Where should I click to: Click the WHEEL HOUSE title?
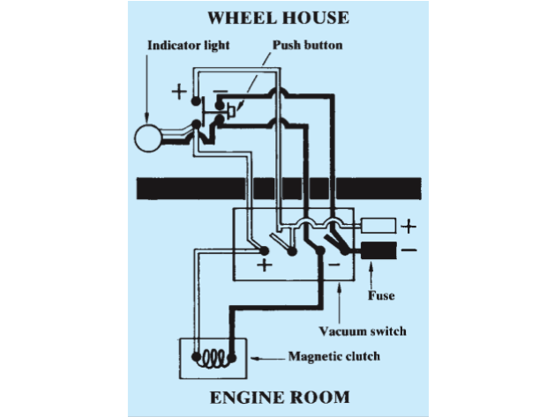(278, 18)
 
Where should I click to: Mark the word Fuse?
(381, 295)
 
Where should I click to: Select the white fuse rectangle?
(378, 227)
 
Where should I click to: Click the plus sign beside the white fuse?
(408, 227)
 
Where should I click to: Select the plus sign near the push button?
(180, 91)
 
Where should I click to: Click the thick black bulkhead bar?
(278, 188)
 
